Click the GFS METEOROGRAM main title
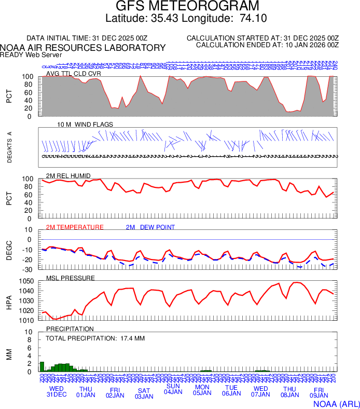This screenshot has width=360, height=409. [x=180, y=6]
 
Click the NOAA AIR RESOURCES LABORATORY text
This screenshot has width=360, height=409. [x=83, y=48]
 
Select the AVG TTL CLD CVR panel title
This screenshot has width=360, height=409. [x=74, y=74]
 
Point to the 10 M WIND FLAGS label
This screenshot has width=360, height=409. [x=85, y=125]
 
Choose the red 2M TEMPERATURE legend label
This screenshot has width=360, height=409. [x=75, y=227]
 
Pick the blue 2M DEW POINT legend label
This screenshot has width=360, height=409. [x=150, y=227]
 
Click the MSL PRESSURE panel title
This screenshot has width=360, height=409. [x=71, y=278]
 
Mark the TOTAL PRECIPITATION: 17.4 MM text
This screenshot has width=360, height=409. [x=95, y=338]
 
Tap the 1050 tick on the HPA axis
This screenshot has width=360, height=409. [x=27, y=281]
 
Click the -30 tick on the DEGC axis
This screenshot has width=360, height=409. [x=29, y=270]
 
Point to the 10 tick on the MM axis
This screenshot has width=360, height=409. [x=30, y=332]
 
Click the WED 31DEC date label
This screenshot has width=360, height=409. [x=57, y=391]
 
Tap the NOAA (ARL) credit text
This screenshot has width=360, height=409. [x=336, y=403]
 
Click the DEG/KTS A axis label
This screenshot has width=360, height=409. [x=10, y=147]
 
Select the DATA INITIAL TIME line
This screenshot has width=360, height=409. [x=87, y=38]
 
